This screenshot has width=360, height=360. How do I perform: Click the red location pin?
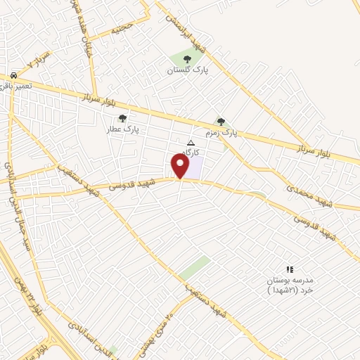180,165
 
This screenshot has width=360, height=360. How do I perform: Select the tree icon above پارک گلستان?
187,59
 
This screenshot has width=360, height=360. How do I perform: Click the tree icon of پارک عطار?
123,118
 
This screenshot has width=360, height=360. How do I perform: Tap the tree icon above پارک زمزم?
221,122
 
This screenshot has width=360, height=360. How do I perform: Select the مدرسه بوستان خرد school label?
289,284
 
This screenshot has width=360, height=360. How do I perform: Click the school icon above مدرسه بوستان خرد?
289,269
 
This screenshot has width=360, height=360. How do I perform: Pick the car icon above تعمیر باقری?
15,74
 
